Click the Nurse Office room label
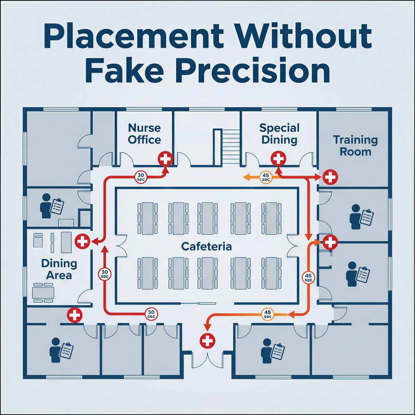tap(144, 134)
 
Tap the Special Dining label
tap(279, 134)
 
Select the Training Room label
tap(355, 146)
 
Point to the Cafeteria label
tap(206, 247)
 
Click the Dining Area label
tap(59, 269)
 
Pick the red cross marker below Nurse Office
tap(165, 159)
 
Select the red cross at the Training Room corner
tap(330, 177)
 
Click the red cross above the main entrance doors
tap(207, 341)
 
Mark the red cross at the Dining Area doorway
tap(83, 241)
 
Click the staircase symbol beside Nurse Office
tap(227, 147)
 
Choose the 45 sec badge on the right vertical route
tap(308, 278)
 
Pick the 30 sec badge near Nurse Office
tap(141, 177)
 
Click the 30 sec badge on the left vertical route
tap(104, 274)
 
